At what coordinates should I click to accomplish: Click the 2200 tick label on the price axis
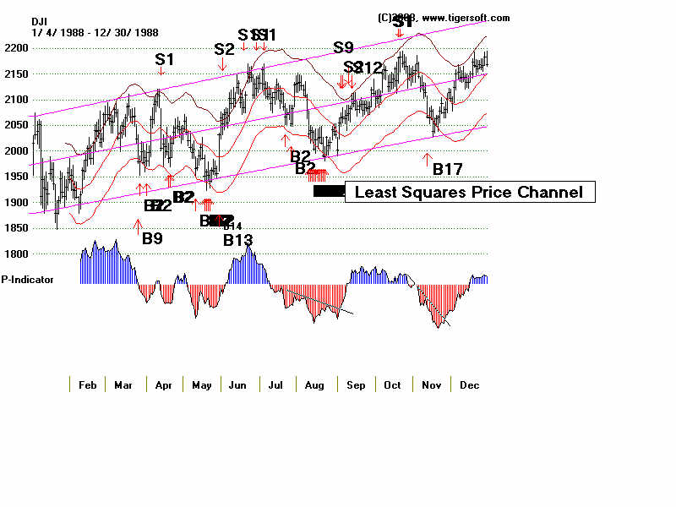(14, 48)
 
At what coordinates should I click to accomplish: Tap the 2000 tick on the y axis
(14, 151)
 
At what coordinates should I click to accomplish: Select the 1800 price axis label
(14, 254)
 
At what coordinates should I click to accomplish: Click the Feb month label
(87, 385)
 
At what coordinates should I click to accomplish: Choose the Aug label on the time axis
(315, 385)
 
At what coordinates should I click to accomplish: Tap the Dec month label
(470, 385)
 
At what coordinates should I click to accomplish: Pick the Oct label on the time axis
(392, 385)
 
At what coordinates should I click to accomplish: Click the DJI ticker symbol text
(41, 21)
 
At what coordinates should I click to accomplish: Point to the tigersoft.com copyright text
(444, 18)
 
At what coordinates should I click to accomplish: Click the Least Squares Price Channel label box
(469, 193)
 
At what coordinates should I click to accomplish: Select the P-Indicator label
(28, 279)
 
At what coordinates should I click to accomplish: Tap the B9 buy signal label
(152, 238)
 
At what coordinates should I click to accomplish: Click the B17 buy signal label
(447, 170)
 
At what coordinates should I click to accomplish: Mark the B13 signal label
(238, 240)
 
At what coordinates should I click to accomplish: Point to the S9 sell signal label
(343, 48)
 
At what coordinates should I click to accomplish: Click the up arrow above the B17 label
(428, 157)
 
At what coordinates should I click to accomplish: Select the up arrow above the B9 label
(138, 225)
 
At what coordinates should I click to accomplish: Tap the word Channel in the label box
(551, 193)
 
